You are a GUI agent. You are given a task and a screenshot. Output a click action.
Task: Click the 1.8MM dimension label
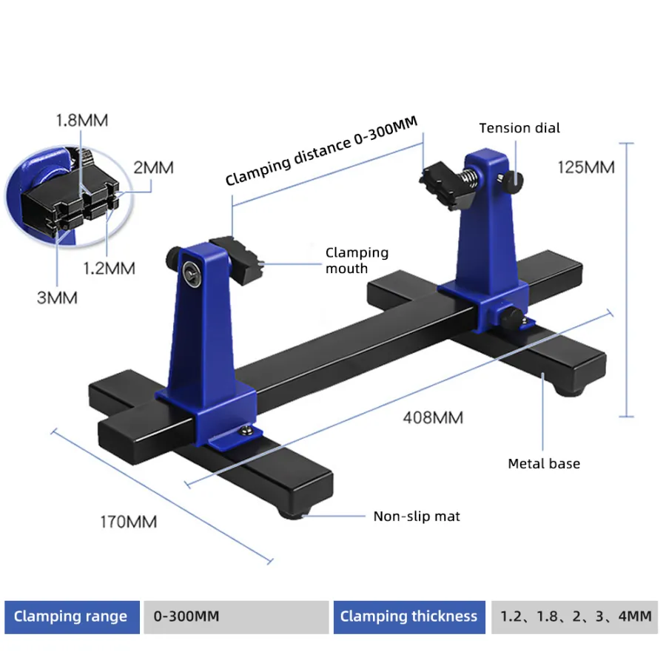pos(82,121)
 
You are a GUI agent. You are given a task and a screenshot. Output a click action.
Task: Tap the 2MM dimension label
pos(153,167)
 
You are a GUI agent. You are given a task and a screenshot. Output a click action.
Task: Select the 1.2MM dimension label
pos(109,268)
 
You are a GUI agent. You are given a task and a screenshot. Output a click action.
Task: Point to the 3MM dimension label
pos(57,297)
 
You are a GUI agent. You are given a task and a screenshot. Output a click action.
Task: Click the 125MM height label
pos(586,167)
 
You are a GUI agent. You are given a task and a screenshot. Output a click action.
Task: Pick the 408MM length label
pos(433,417)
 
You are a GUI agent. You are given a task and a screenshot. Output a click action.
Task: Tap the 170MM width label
pos(128,522)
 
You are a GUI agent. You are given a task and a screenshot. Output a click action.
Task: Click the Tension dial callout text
pos(519,128)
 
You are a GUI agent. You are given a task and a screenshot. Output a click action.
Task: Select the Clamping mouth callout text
pos(357,260)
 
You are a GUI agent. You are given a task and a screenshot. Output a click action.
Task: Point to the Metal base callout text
pos(544,463)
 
